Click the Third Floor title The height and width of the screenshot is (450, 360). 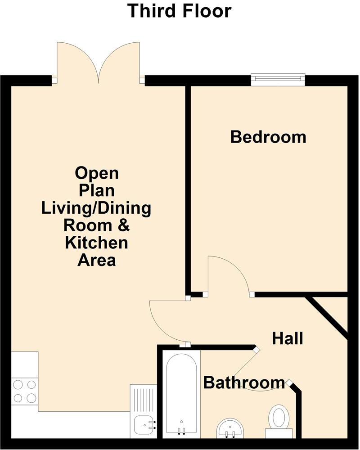pyautogui.click(x=179, y=10)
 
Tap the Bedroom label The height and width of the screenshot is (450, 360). pyautogui.click(x=268, y=137)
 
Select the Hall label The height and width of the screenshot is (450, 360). pyautogui.click(x=288, y=338)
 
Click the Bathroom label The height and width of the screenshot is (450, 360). pyautogui.click(x=244, y=383)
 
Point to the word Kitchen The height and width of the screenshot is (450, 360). pyautogui.click(x=96, y=243)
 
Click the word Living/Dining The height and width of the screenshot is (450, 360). pyautogui.click(x=96, y=208)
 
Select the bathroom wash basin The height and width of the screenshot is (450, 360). pyautogui.click(x=230, y=427)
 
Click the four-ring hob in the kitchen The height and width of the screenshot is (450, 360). pyautogui.click(x=25, y=391)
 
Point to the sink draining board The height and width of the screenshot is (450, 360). pyautogui.click(x=143, y=398)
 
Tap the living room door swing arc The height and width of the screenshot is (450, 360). pyautogui.click(x=166, y=322)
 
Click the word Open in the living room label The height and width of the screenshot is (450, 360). pyautogui.click(x=96, y=173)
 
